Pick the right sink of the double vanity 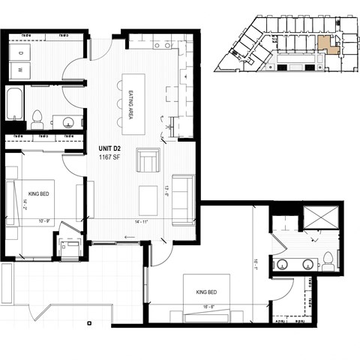click(x=307, y=264)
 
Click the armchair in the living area click(x=148, y=160)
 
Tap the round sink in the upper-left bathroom click(x=68, y=121)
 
